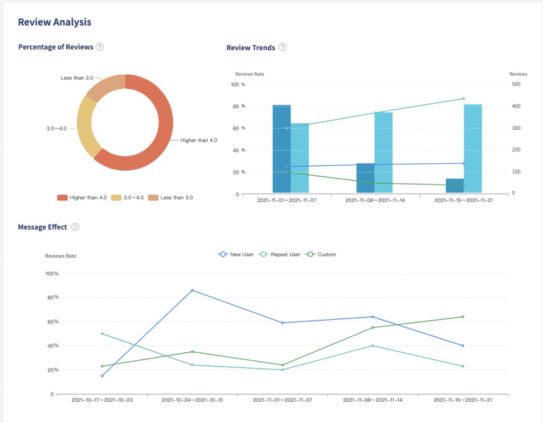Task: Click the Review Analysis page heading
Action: click(54, 22)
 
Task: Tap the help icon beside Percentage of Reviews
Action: click(100, 47)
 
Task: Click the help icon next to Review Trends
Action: click(283, 47)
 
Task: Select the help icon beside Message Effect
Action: click(75, 227)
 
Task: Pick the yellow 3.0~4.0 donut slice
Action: click(88, 127)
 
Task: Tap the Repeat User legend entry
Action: click(279, 254)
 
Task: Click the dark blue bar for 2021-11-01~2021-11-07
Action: click(281, 149)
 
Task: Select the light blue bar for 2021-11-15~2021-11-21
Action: click(473, 149)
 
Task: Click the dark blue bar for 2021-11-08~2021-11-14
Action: click(366, 178)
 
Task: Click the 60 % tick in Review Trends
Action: click(238, 128)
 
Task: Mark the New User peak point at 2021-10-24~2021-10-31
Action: click(192, 290)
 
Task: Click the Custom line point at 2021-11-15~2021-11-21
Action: click(462, 317)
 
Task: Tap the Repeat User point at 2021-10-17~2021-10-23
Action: click(103, 333)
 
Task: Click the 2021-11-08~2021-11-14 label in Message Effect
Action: click(373, 400)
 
